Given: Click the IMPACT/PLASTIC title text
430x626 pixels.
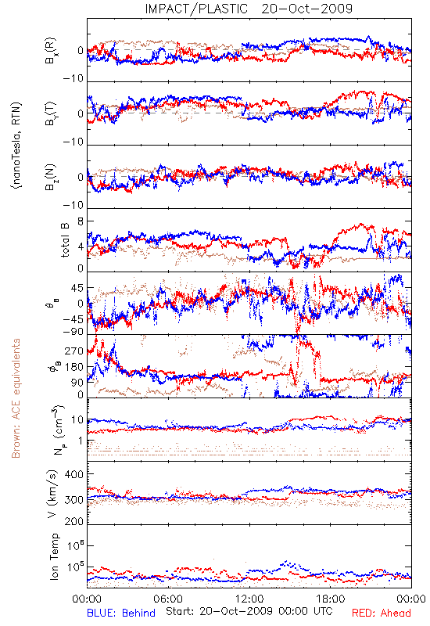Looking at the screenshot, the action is pyautogui.click(x=196, y=9).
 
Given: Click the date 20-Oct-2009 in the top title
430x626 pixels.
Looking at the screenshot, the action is pyautogui.click(x=307, y=9).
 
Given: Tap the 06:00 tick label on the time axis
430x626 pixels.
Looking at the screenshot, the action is pyautogui.click(x=168, y=599).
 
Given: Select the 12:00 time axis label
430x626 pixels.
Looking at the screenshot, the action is pyautogui.click(x=249, y=599).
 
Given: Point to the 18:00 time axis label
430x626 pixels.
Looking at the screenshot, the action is pyautogui.click(x=331, y=599).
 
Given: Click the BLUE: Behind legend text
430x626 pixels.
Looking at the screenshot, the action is pyautogui.click(x=121, y=613).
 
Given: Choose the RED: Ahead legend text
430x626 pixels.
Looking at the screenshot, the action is pyautogui.click(x=382, y=613).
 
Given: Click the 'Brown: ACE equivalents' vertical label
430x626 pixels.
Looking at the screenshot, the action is pyautogui.click(x=16, y=398).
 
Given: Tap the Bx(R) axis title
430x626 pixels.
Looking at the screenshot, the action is pyautogui.click(x=51, y=51).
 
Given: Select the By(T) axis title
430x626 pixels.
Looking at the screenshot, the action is pyautogui.click(x=51, y=113).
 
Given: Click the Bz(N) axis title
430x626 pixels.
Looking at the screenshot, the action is pyautogui.click(x=51, y=177).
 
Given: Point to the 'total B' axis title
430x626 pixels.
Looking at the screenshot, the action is pyautogui.click(x=65, y=240).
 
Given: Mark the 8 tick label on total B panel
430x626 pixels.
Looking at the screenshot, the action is pyautogui.click(x=81, y=221).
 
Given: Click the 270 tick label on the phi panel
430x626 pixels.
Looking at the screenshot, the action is pyautogui.click(x=74, y=351).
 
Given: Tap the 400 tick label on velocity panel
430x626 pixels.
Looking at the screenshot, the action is pyautogui.click(x=74, y=474).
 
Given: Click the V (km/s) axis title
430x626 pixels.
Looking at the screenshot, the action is pyautogui.click(x=52, y=494).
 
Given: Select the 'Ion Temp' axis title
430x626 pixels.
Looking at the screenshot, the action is pyautogui.click(x=54, y=556).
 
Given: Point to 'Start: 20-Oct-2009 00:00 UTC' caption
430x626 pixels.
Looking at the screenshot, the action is pyautogui.click(x=249, y=611).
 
